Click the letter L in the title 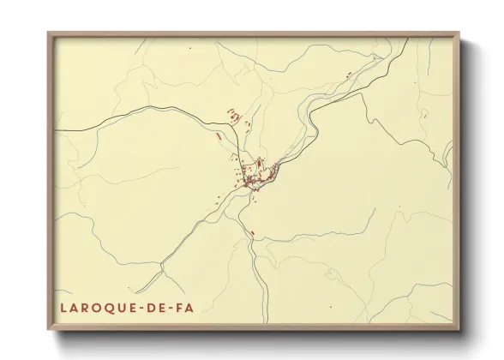pos(64,307)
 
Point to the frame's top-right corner pos(459,33)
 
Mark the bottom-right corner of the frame pos(459,330)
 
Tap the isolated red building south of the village pos(252,232)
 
